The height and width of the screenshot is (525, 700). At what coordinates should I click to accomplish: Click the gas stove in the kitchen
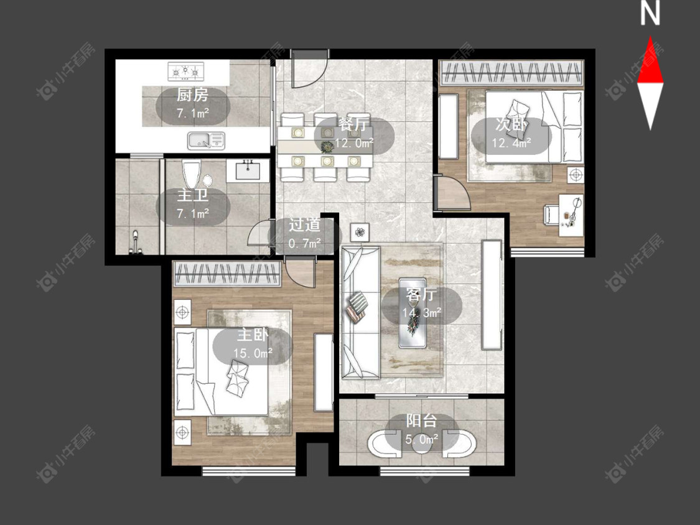pos(185,71)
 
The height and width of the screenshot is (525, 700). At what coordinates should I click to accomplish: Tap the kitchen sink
pos(206,141)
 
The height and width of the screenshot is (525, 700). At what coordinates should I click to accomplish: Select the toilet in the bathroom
pos(191,174)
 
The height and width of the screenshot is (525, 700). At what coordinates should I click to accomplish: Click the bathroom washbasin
pos(247,170)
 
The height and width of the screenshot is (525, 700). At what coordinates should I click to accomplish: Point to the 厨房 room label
pos(192,95)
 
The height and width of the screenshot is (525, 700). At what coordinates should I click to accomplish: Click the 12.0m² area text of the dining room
pos(355,143)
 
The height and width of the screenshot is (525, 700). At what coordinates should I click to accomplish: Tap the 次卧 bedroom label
pos(511,124)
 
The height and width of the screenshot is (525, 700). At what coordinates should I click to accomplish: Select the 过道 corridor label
pos(304,225)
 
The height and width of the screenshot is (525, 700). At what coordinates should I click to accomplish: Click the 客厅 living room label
pos(421,295)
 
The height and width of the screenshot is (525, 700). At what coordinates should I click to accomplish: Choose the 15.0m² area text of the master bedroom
pos(253,353)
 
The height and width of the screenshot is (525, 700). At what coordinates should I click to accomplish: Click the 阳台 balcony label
pos(421,420)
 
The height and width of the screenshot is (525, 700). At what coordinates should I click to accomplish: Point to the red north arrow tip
pos(650,37)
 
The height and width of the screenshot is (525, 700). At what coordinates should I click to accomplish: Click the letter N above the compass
pos(650,13)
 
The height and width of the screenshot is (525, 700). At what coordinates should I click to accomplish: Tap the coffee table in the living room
pos(413,312)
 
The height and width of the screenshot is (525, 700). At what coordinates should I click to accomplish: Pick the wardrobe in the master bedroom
pos(228,274)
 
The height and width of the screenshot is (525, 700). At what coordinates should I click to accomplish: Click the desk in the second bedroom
pos(571,215)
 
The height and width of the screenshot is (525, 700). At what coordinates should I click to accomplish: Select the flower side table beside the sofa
pos(360,231)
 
